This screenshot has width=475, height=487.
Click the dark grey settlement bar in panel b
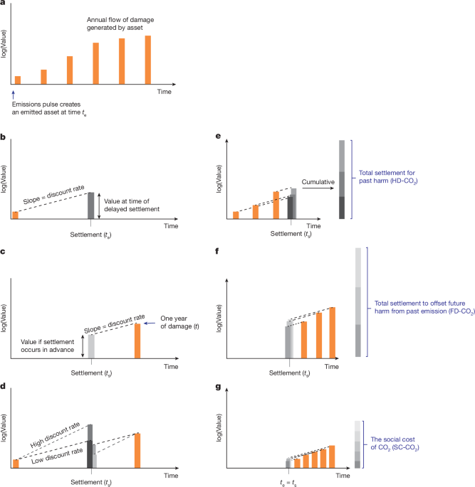[x=90, y=205]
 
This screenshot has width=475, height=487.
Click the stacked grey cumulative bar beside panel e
[x=342, y=182]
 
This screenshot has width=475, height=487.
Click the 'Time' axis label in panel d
[x=171, y=475]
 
